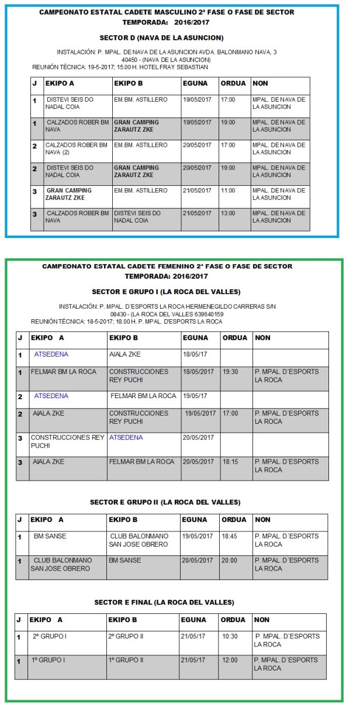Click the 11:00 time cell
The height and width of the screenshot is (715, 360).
(x=228, y=191)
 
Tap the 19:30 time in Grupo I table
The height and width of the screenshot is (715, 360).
(x=230, y=372)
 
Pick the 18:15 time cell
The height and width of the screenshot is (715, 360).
(x=230, y=462)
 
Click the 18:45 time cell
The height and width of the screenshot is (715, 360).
(x=230, y=536)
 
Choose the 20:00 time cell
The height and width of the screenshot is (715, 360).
(x=230, y=560)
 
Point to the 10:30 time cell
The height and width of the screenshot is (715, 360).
(x=230, y=636)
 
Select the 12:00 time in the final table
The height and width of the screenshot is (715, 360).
(x=230, y=660)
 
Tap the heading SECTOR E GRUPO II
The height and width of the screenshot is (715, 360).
(x=165, y=502)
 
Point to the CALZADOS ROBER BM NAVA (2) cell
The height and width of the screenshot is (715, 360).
(x=76, y=148)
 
